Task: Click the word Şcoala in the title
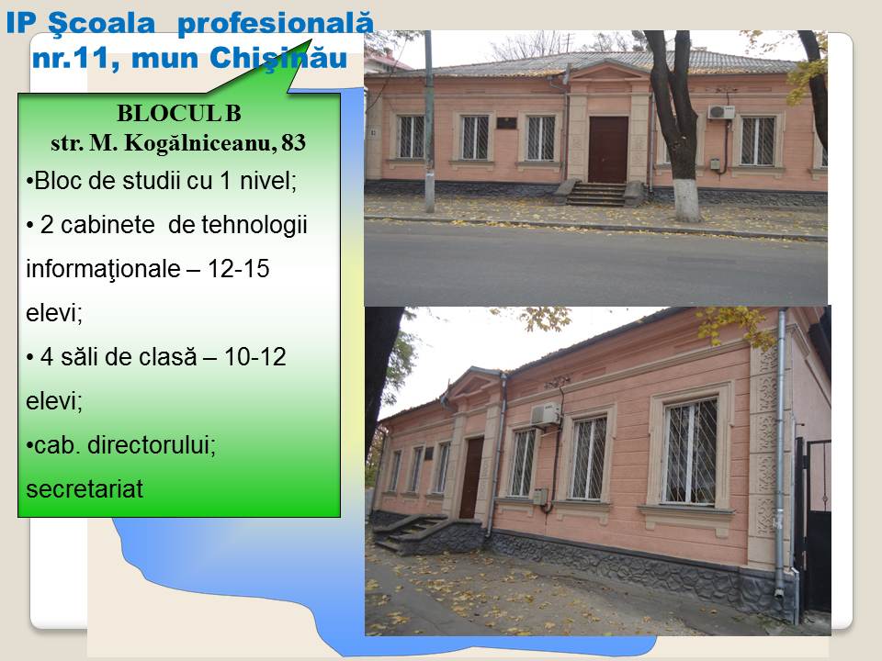101,24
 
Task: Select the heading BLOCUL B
179,114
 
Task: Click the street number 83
293,142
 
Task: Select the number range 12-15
239,269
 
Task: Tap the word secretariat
85,489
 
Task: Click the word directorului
152,445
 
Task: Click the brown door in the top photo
607,150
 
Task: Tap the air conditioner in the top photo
720,112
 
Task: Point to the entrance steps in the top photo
596,194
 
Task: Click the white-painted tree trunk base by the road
686,202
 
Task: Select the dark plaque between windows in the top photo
505,122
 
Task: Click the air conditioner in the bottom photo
546,415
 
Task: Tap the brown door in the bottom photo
471,477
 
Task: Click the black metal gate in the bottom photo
813,525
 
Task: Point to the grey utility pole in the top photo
429,121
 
